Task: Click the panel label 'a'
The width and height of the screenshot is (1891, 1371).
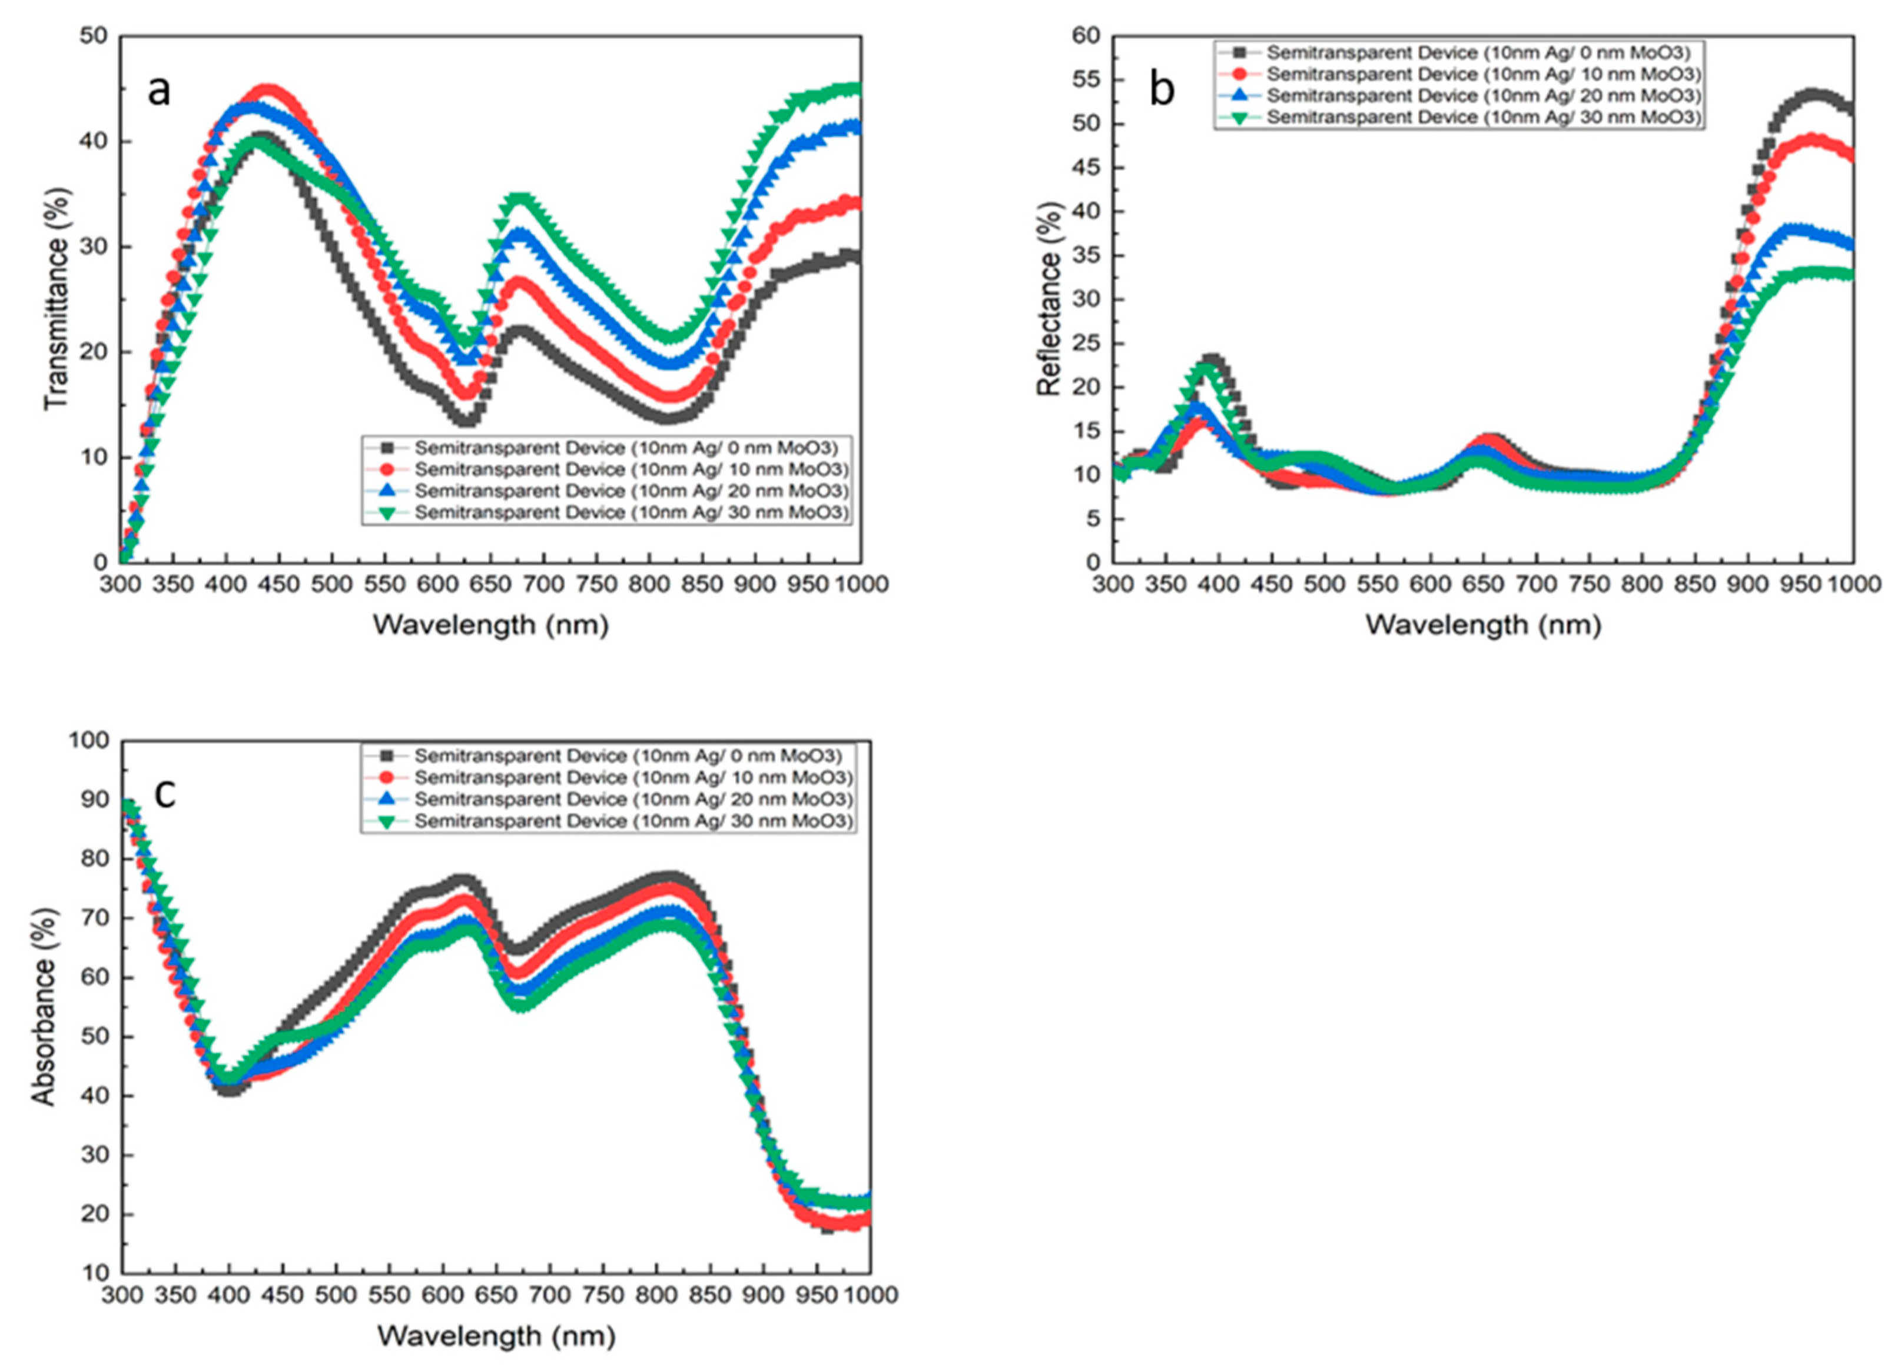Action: tap(158, 91)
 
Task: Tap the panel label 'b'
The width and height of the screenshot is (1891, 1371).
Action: tap(1162, 89)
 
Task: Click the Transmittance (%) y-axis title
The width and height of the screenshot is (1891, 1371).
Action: tap(57, 298)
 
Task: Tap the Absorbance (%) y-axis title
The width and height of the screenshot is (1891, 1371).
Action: tap(44, 1006)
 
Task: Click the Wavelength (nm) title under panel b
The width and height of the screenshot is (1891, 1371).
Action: tap(1482, 624)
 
